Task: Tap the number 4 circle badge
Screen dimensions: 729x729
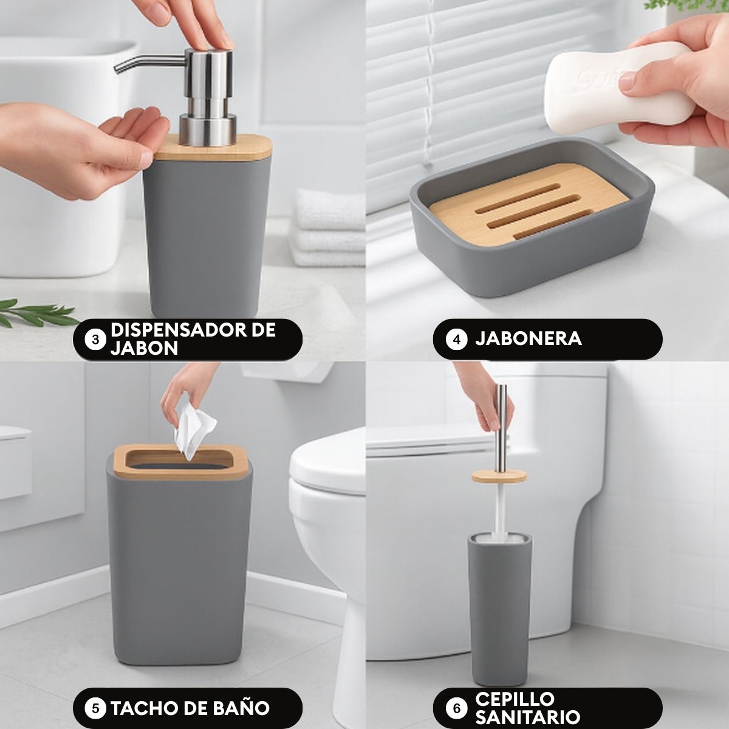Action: tap(456, 340)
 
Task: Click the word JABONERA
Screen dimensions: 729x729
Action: tap(529, 338)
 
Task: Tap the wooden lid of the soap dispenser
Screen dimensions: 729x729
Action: tap(213, 148)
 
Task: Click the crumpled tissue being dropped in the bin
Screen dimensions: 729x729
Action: tap(194, 432)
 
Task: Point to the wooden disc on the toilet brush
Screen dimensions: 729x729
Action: tap(499, 476)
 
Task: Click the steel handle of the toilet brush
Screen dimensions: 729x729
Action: tap(502, 428)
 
